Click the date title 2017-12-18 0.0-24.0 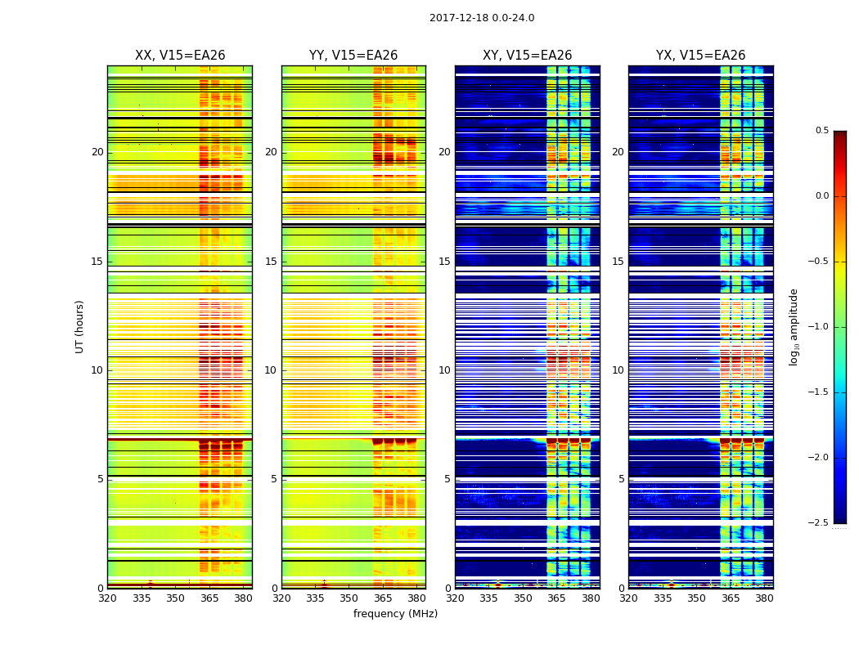point(482,18)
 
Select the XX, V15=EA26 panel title point(180,56)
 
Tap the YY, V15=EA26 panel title point(353,56)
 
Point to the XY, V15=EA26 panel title point(527,56)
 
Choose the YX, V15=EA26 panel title point(700,56)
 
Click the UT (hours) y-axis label point(79,326)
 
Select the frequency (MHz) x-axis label point(395,614)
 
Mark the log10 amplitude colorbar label point(794,326)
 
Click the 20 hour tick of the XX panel point(97,152)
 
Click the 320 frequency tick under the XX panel point(107,598)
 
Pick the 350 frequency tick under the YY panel point(349,598)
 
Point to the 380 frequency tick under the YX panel point(764,598)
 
